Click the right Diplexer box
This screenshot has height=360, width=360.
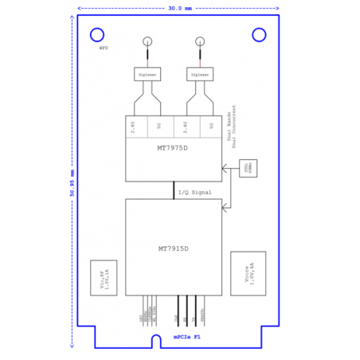pos(200,74)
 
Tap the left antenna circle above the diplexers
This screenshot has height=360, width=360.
pos(147,42)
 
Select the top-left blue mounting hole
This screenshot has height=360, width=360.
pos(97,35)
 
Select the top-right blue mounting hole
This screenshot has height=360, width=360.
pos(259,35)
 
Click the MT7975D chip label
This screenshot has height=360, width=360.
pos(173,147)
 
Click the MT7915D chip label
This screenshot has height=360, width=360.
pos(173,248)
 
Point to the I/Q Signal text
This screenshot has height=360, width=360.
pos(195,192)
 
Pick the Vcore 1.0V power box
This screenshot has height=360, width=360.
pos(248,273)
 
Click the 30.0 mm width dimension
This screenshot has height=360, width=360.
pos(180,9)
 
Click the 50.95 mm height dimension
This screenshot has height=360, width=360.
pos(72,182)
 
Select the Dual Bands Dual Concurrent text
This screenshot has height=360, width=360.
pos(233,125)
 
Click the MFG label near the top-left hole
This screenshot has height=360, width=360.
pos(103,49)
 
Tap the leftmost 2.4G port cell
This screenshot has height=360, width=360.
pos(136,126)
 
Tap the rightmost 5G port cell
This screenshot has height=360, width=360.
pos(210,126)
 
